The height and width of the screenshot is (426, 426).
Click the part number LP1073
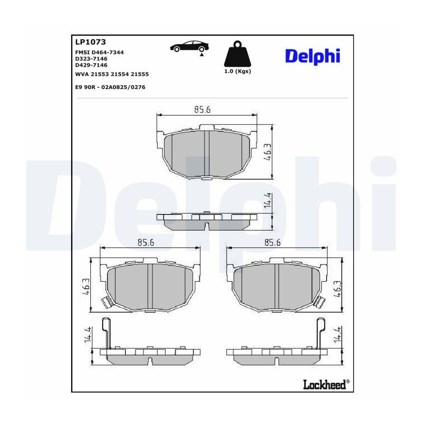pos(90,42)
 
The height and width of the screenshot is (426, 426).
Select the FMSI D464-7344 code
pos(99,52)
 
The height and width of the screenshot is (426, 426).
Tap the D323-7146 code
pos(91,59)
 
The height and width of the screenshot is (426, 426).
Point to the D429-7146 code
pos(91,65)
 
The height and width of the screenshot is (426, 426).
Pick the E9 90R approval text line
pos(110,87)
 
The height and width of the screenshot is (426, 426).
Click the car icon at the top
pos(189,46)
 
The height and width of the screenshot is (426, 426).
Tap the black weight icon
pos(238,54)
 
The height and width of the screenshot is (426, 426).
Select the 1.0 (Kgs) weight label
pos(238,71)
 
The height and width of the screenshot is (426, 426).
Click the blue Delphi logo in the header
pos(313,56)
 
